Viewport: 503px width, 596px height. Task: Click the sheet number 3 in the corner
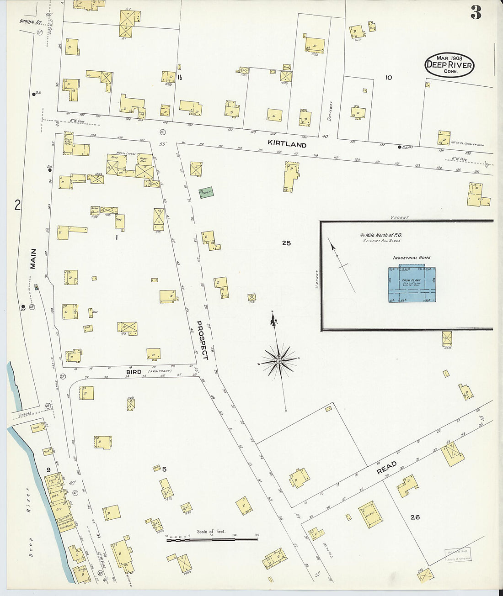tap(476, 14)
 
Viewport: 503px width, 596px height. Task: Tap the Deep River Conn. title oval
tap(449, 65)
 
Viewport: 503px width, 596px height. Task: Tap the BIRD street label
tap(133, 372)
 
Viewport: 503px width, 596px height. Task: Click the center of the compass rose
tap(278, 361)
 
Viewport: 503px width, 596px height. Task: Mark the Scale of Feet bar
tap(212, 540)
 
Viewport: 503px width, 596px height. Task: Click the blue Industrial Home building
tap(411, 285)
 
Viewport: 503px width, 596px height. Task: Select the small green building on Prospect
tap(206, 193)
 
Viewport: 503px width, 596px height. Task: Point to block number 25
tap(286, 243)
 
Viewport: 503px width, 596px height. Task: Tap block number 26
tap(415, 517)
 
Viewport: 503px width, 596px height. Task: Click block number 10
tap(388, 78)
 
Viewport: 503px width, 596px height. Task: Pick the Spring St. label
tap(28, 21)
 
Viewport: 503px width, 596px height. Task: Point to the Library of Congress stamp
tap(459, 555)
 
